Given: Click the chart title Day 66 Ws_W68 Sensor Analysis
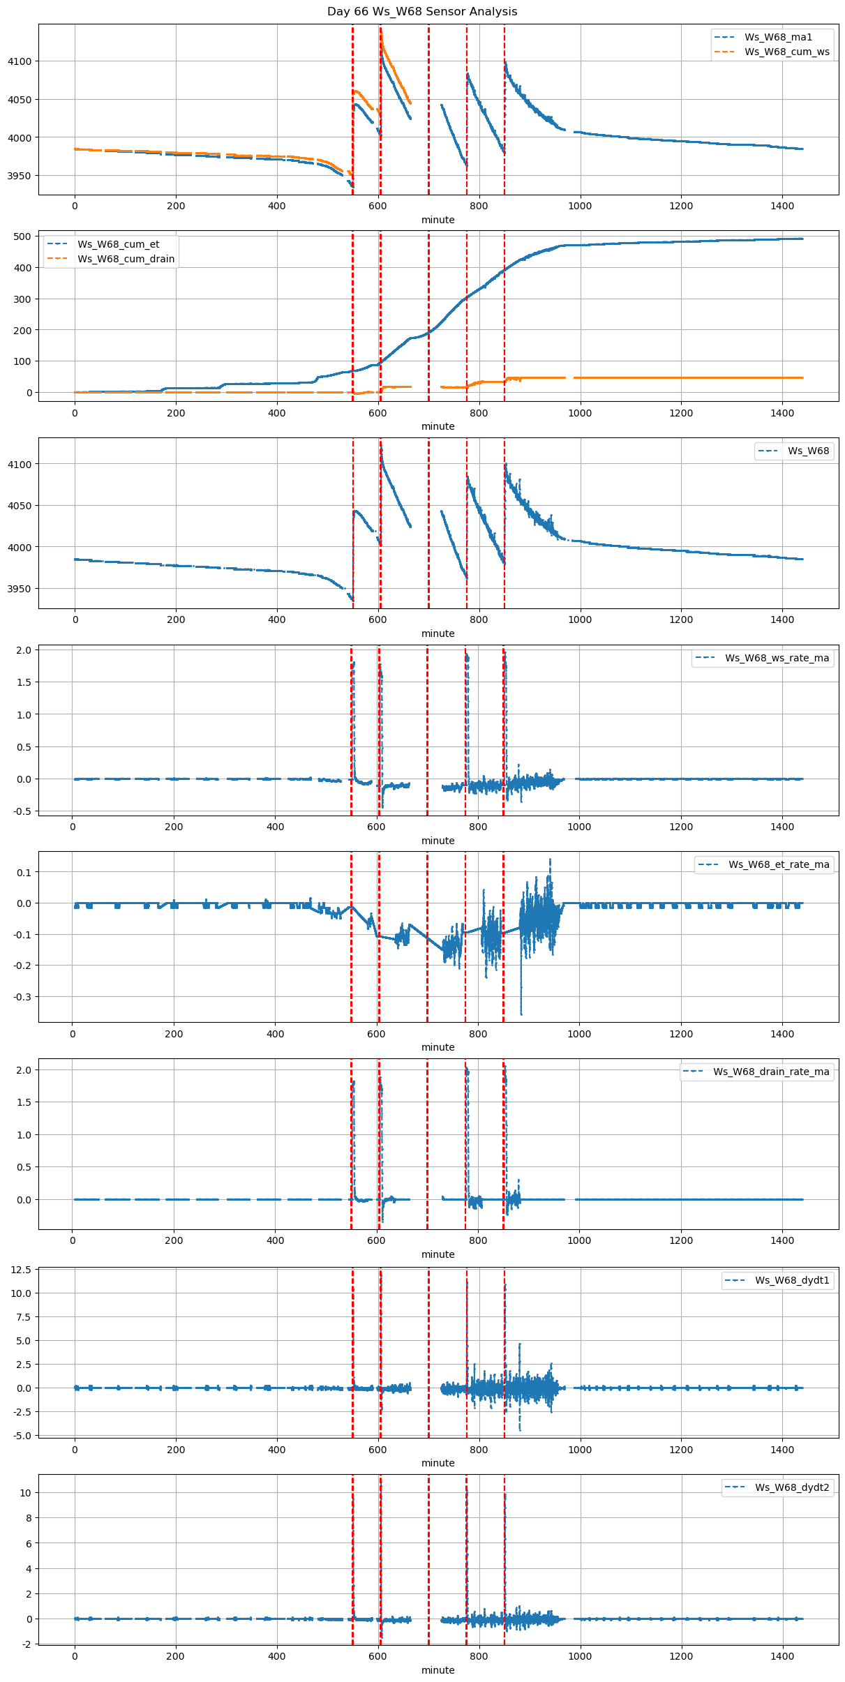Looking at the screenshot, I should [x=422, y=11].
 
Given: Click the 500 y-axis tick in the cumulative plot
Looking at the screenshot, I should [x=23, y=236].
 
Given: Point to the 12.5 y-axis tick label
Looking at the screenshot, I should [x=21, y=1270].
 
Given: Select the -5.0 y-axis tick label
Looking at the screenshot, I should [x=21, y=1436].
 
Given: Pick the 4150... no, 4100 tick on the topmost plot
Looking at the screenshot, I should [x=20, y=61].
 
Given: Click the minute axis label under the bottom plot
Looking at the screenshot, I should [x=438, y=1670].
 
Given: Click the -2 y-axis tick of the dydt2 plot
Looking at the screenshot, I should [x=25, y=1644].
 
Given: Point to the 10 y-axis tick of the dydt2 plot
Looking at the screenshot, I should [x=25, y=1493].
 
